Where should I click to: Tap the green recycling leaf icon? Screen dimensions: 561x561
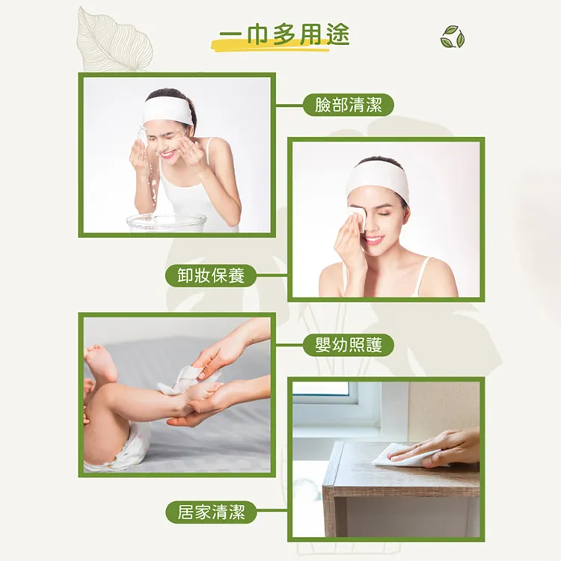tap(453, 37)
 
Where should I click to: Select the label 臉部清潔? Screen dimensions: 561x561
tap(349, 105)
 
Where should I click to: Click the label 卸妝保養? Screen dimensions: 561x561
tap(211, 275)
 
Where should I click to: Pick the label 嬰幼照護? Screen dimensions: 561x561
tap(349, 345)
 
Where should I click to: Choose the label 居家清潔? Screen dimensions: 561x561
tap(211, 512)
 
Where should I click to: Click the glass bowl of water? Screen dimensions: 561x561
tap(166, 222)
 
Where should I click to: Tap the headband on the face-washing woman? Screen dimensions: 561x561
tap(168, 111)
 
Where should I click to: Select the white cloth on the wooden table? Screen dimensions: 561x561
tap(396, 454)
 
